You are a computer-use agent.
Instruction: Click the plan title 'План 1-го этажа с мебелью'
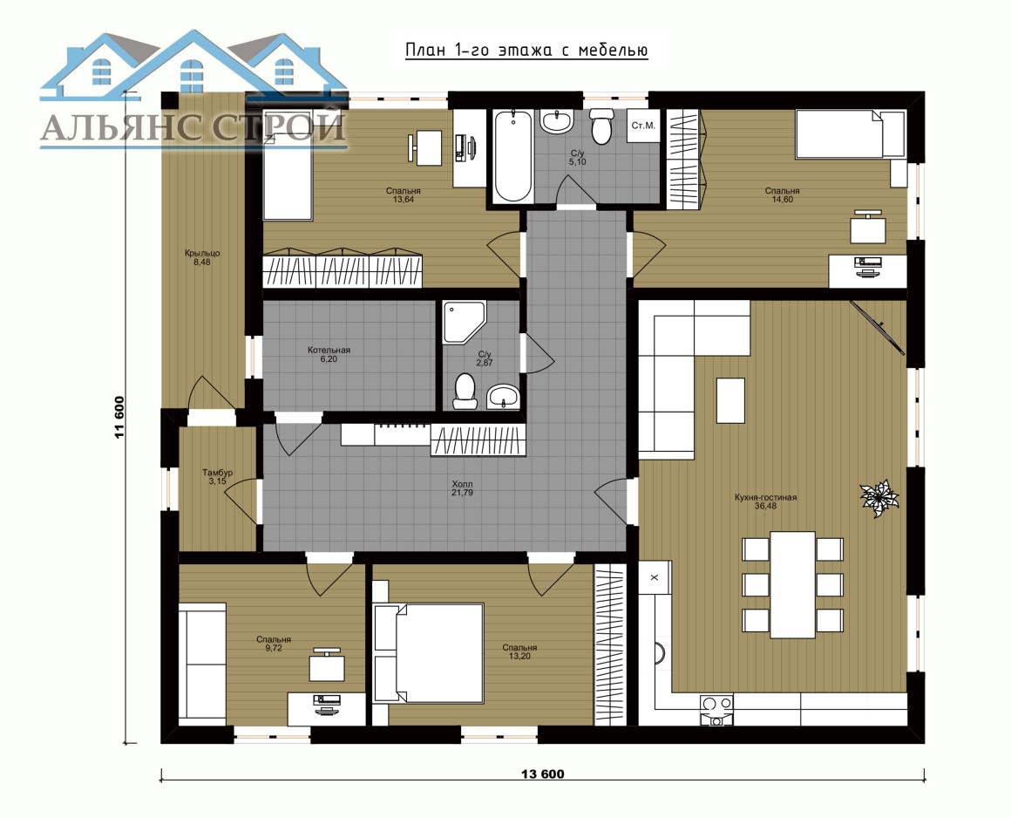click(526, 51)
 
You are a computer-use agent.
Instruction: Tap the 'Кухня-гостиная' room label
click(765, 497)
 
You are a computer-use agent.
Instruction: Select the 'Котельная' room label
click(329, 350)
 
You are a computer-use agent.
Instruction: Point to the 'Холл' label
click(462, 483)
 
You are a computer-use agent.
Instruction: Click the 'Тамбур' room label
click(217, 472)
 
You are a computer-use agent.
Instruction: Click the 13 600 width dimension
click(542, 774)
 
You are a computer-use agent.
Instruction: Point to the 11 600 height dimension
click(119, 417)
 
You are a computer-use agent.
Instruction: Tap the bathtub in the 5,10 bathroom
click(512, 156)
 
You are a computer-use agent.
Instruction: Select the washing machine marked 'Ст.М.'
click(643, 126)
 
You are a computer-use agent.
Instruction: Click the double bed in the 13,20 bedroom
click(429, 653)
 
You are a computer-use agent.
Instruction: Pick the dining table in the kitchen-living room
click(792, 583)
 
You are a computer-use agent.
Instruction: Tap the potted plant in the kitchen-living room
click(879, 498)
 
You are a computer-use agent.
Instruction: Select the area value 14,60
click(782, 200)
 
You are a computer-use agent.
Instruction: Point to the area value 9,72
click(274, 648)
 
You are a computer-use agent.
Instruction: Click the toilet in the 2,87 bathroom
click(465, 392)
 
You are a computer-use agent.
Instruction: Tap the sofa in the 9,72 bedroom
click(202, 664)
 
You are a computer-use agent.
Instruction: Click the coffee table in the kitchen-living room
click(730, 400)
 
